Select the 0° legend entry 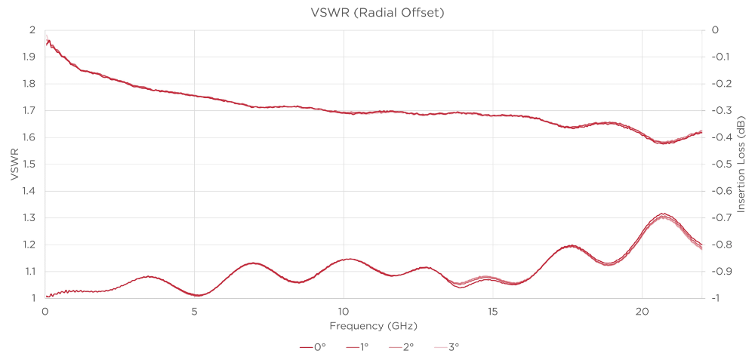313,347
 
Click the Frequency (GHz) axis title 373,326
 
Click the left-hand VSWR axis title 13,164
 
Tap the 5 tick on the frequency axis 194,311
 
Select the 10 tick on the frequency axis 344,311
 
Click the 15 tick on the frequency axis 493,311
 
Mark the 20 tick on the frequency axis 643,311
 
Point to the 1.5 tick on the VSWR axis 29,164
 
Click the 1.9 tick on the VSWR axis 29,57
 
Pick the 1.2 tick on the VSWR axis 29,245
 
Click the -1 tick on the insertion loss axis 716,298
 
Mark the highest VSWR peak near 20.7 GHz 663,214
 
